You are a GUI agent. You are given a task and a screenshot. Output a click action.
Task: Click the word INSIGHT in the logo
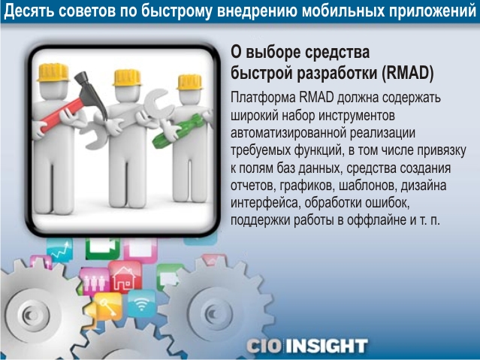(x=328, y=346)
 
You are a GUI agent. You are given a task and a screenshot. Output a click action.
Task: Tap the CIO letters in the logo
(x=264, y=346)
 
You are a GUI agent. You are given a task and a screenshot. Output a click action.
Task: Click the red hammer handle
(x=62, y=115)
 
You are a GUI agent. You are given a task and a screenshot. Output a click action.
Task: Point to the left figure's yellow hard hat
(x=53, y=72)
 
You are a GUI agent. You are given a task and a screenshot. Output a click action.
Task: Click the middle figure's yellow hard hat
(x=127, y=77)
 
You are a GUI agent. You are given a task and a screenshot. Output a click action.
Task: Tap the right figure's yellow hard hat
(x=190, y=82)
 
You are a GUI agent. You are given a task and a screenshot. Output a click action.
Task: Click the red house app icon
(x=125, y=277)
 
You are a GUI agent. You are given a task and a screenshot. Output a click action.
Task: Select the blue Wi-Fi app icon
(x=141, y=304)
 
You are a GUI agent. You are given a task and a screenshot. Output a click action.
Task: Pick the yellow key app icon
(x=107, y=307)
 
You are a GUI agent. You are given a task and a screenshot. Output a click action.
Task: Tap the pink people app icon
(x=95, y=281)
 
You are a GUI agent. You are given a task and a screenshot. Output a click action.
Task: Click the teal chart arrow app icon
(x=60, y=250)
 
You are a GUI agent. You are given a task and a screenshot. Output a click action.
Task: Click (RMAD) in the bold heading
(x=407, y=73)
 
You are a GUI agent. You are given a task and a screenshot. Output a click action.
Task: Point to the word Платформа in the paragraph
(x=263, y=98)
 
